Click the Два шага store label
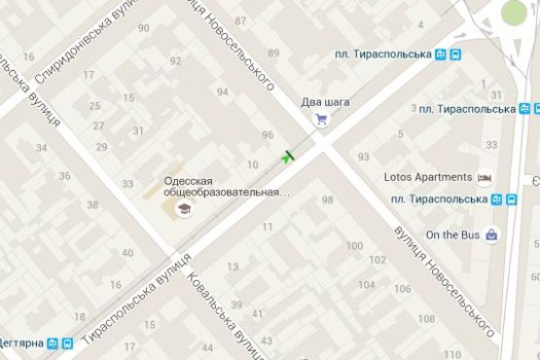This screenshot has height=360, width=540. [x=324, y=101]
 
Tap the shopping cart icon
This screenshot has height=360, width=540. [x=321, y=120]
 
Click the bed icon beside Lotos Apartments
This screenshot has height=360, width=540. [x=485, y=178]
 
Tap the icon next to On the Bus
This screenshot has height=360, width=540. [x=493, y=234]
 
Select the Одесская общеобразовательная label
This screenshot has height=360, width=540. [x=226, y=186]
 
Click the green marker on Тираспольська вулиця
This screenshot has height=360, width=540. [x=287, y=156]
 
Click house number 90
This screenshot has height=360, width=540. [x=144, y=27]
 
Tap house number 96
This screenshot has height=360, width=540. [x=268, y=135]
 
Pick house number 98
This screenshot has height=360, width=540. [x=327, y=199]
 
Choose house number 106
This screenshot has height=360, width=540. [x=400, y=290]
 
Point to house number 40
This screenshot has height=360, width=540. [x=127, y=253]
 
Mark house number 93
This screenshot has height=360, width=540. [x=363, y=157]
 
